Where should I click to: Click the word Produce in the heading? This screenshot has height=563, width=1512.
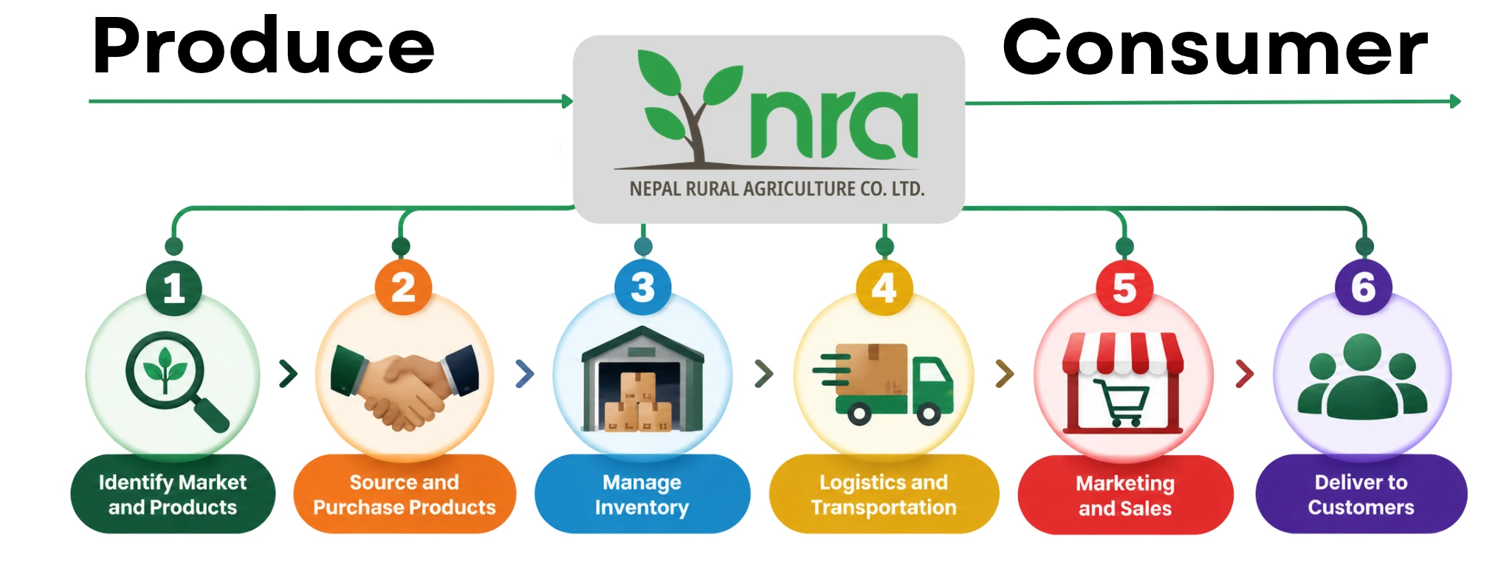[x=264, y=46]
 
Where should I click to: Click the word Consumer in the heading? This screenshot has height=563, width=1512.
[x=1215, y=47]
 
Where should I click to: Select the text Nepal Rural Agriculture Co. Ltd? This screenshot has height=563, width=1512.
[x=777, y=189]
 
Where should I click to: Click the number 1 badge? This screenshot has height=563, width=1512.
[x=174, y=287]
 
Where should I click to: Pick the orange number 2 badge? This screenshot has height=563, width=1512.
[x=403, y=287]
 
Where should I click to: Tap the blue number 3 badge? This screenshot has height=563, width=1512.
[x=643, y=287]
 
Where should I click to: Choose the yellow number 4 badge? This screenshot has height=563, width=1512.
[x=884, y=287]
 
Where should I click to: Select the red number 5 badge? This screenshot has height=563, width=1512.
[x=1124, y=287]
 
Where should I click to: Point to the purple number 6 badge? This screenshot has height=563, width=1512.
[x=1364, y=287]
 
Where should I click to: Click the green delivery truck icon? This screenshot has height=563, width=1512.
[x=884, y=384]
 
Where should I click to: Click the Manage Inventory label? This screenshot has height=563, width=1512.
[x=642, y=494]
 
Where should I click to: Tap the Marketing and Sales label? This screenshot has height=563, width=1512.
[x=1125, y=495]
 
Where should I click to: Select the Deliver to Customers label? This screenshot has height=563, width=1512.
[x=1361, y=494]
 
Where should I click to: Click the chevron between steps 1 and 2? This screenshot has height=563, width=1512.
[x=288, y=374]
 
